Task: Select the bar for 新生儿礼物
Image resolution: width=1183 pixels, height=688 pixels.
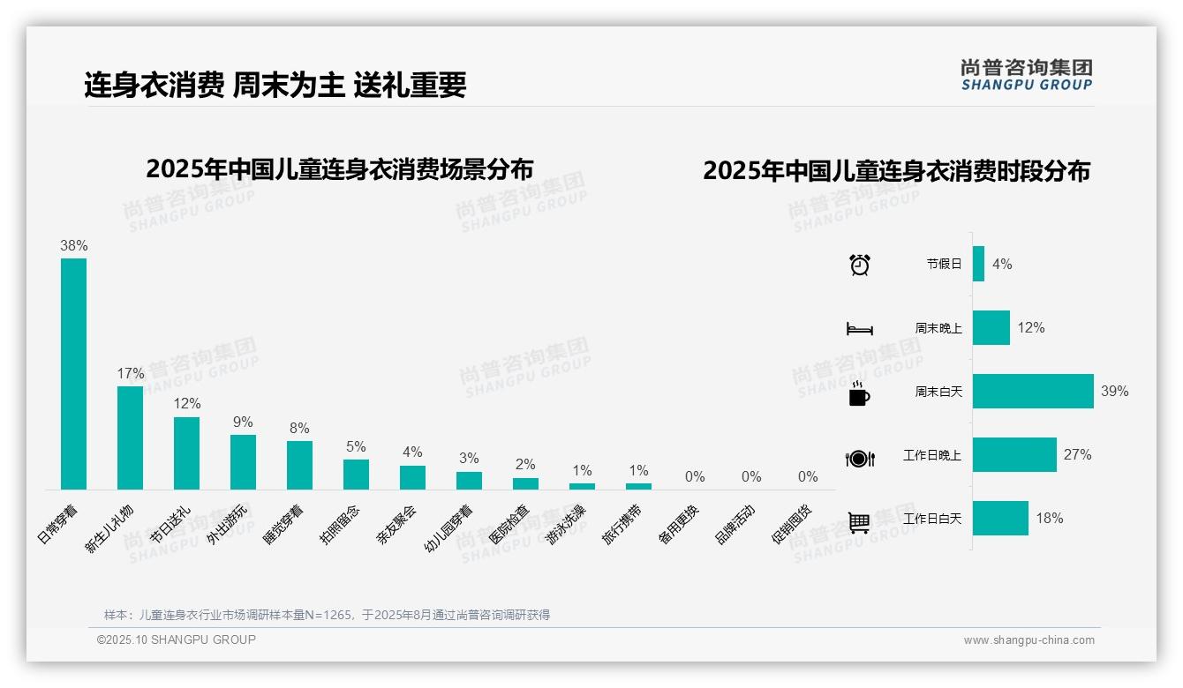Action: [130, 437]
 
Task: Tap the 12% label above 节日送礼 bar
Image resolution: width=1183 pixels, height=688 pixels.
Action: [187, 403]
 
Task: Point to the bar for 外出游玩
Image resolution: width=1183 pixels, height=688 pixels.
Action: [243, 461]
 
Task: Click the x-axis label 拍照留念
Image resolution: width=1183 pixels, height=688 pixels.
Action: [340, 524]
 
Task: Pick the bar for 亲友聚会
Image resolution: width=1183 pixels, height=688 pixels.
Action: [412, 477]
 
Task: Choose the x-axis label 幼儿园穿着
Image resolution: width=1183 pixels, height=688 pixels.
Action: [449, 527]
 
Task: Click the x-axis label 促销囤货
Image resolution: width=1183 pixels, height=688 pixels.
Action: [793, 524]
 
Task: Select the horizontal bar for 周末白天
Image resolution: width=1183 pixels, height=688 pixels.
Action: [1033, 391]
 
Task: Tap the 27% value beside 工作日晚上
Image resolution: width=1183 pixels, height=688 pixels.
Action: [1077, 455]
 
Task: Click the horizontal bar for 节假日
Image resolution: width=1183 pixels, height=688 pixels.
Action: [978, 264]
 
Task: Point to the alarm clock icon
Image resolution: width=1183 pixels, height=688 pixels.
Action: [860, 265]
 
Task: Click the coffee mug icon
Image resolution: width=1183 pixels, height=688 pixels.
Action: [859, 393]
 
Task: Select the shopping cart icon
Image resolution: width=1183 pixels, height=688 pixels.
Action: [859, 522]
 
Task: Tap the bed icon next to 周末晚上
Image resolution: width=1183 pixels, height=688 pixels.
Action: [859, 329]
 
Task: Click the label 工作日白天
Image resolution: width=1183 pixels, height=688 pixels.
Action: [931, 519]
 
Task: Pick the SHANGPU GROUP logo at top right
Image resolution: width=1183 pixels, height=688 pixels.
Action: [1027, 74]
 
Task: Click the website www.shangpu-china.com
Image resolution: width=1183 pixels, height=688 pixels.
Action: [1029, 640]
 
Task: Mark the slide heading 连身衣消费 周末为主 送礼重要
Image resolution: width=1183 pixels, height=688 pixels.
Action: [275, 85]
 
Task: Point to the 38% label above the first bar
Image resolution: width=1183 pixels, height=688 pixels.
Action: [73, 245]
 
